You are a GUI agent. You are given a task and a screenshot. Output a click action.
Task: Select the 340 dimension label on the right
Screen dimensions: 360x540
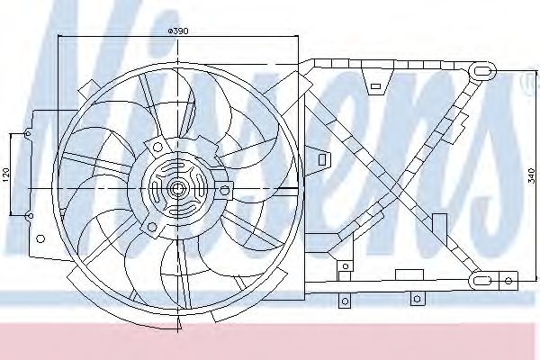coord(531,173)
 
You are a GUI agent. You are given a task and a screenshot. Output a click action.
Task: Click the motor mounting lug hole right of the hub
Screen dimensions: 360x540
coord(225,188)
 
